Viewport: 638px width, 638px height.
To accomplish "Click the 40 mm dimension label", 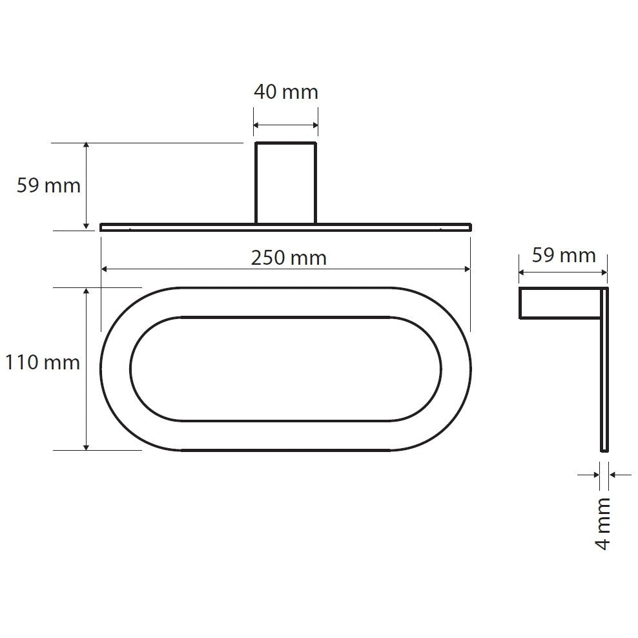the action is [285, 92].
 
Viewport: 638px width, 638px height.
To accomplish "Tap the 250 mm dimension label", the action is [289, 258].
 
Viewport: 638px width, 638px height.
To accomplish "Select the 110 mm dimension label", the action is [43, 362].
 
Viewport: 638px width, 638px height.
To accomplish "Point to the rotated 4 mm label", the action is [603, 524].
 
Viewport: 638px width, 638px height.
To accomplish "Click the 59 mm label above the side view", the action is [564, 256].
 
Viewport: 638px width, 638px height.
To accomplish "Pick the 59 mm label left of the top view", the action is [48, 185].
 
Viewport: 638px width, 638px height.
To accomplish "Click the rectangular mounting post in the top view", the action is [285, 183].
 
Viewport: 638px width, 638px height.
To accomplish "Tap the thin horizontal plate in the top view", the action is [285, 227].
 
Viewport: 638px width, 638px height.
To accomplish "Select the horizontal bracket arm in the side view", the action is [560, 303].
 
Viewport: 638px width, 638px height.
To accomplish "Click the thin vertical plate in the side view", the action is [604, 369].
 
